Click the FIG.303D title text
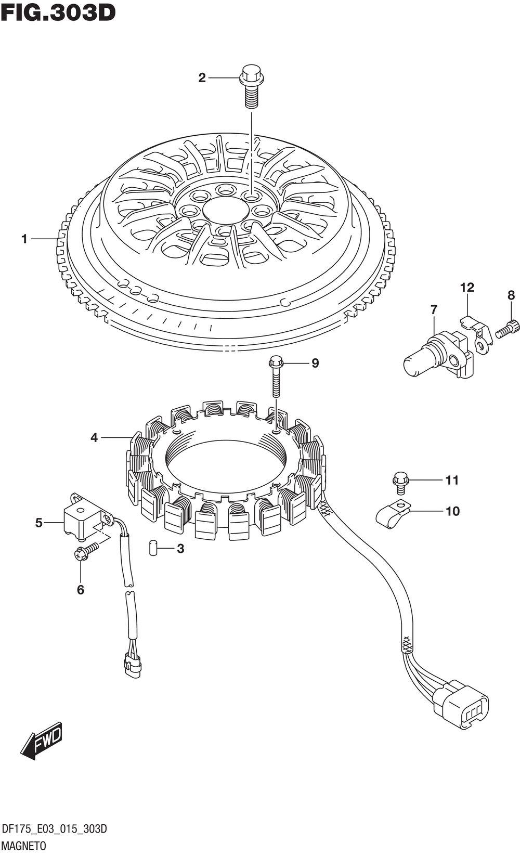point(58,12)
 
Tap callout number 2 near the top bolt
point(202,78)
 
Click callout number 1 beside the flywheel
point(24,239)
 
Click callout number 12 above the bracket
point(467,288)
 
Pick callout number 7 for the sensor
point(434,309)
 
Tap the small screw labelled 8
point(508,329)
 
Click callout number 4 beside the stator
point(94,438)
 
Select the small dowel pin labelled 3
point(153,548)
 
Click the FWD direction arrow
point(42,740)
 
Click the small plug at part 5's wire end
point(132,666)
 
